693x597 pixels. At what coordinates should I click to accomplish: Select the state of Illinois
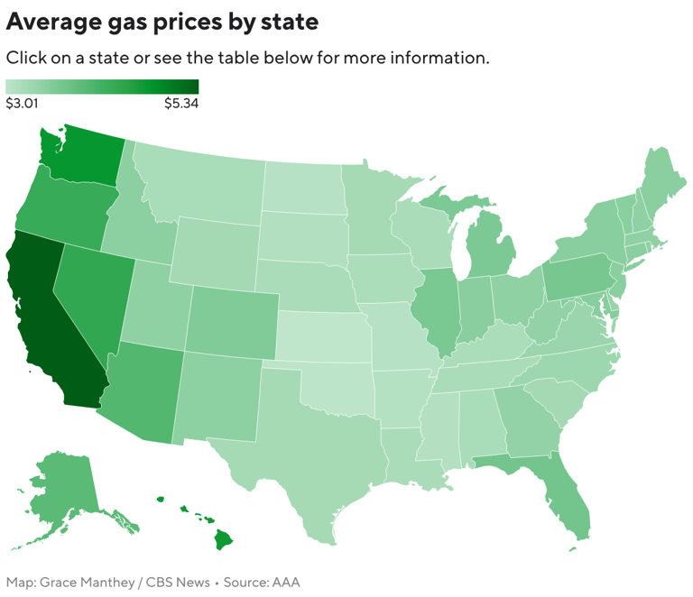tap(437, 307)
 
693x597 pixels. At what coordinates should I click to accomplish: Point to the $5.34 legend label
tap(180, 104)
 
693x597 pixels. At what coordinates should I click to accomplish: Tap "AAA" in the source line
tap(285, 582)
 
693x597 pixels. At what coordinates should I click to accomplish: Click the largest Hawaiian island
tap(223, 539)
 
